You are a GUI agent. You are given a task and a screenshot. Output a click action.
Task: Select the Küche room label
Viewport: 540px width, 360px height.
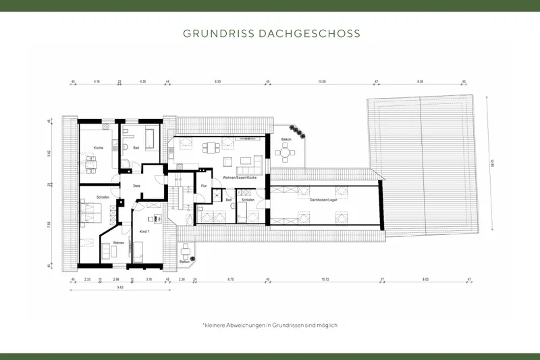pos(89,147)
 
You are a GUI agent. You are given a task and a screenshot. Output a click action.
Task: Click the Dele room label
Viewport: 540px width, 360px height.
pos(136,185)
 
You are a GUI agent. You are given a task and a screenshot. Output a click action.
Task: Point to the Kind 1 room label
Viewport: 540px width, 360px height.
pos(144,232)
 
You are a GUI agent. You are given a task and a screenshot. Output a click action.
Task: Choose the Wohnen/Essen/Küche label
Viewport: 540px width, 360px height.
pos(235,177)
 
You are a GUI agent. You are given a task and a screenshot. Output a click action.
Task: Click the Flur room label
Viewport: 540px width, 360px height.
pos(203,184)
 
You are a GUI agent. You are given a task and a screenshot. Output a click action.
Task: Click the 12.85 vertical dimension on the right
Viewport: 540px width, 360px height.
pos(495,163)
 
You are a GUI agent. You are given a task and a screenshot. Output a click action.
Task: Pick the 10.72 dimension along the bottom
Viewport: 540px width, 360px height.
pos(325,279)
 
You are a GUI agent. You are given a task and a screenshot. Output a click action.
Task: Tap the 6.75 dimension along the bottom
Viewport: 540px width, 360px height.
pos(230,279)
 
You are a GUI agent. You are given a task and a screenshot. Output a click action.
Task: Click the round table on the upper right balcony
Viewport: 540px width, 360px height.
pos(287,153)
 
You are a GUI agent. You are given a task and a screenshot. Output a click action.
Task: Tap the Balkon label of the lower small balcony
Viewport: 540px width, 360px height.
pos(185,261)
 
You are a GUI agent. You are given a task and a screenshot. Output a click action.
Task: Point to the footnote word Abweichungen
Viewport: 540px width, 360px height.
pos(247,325)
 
